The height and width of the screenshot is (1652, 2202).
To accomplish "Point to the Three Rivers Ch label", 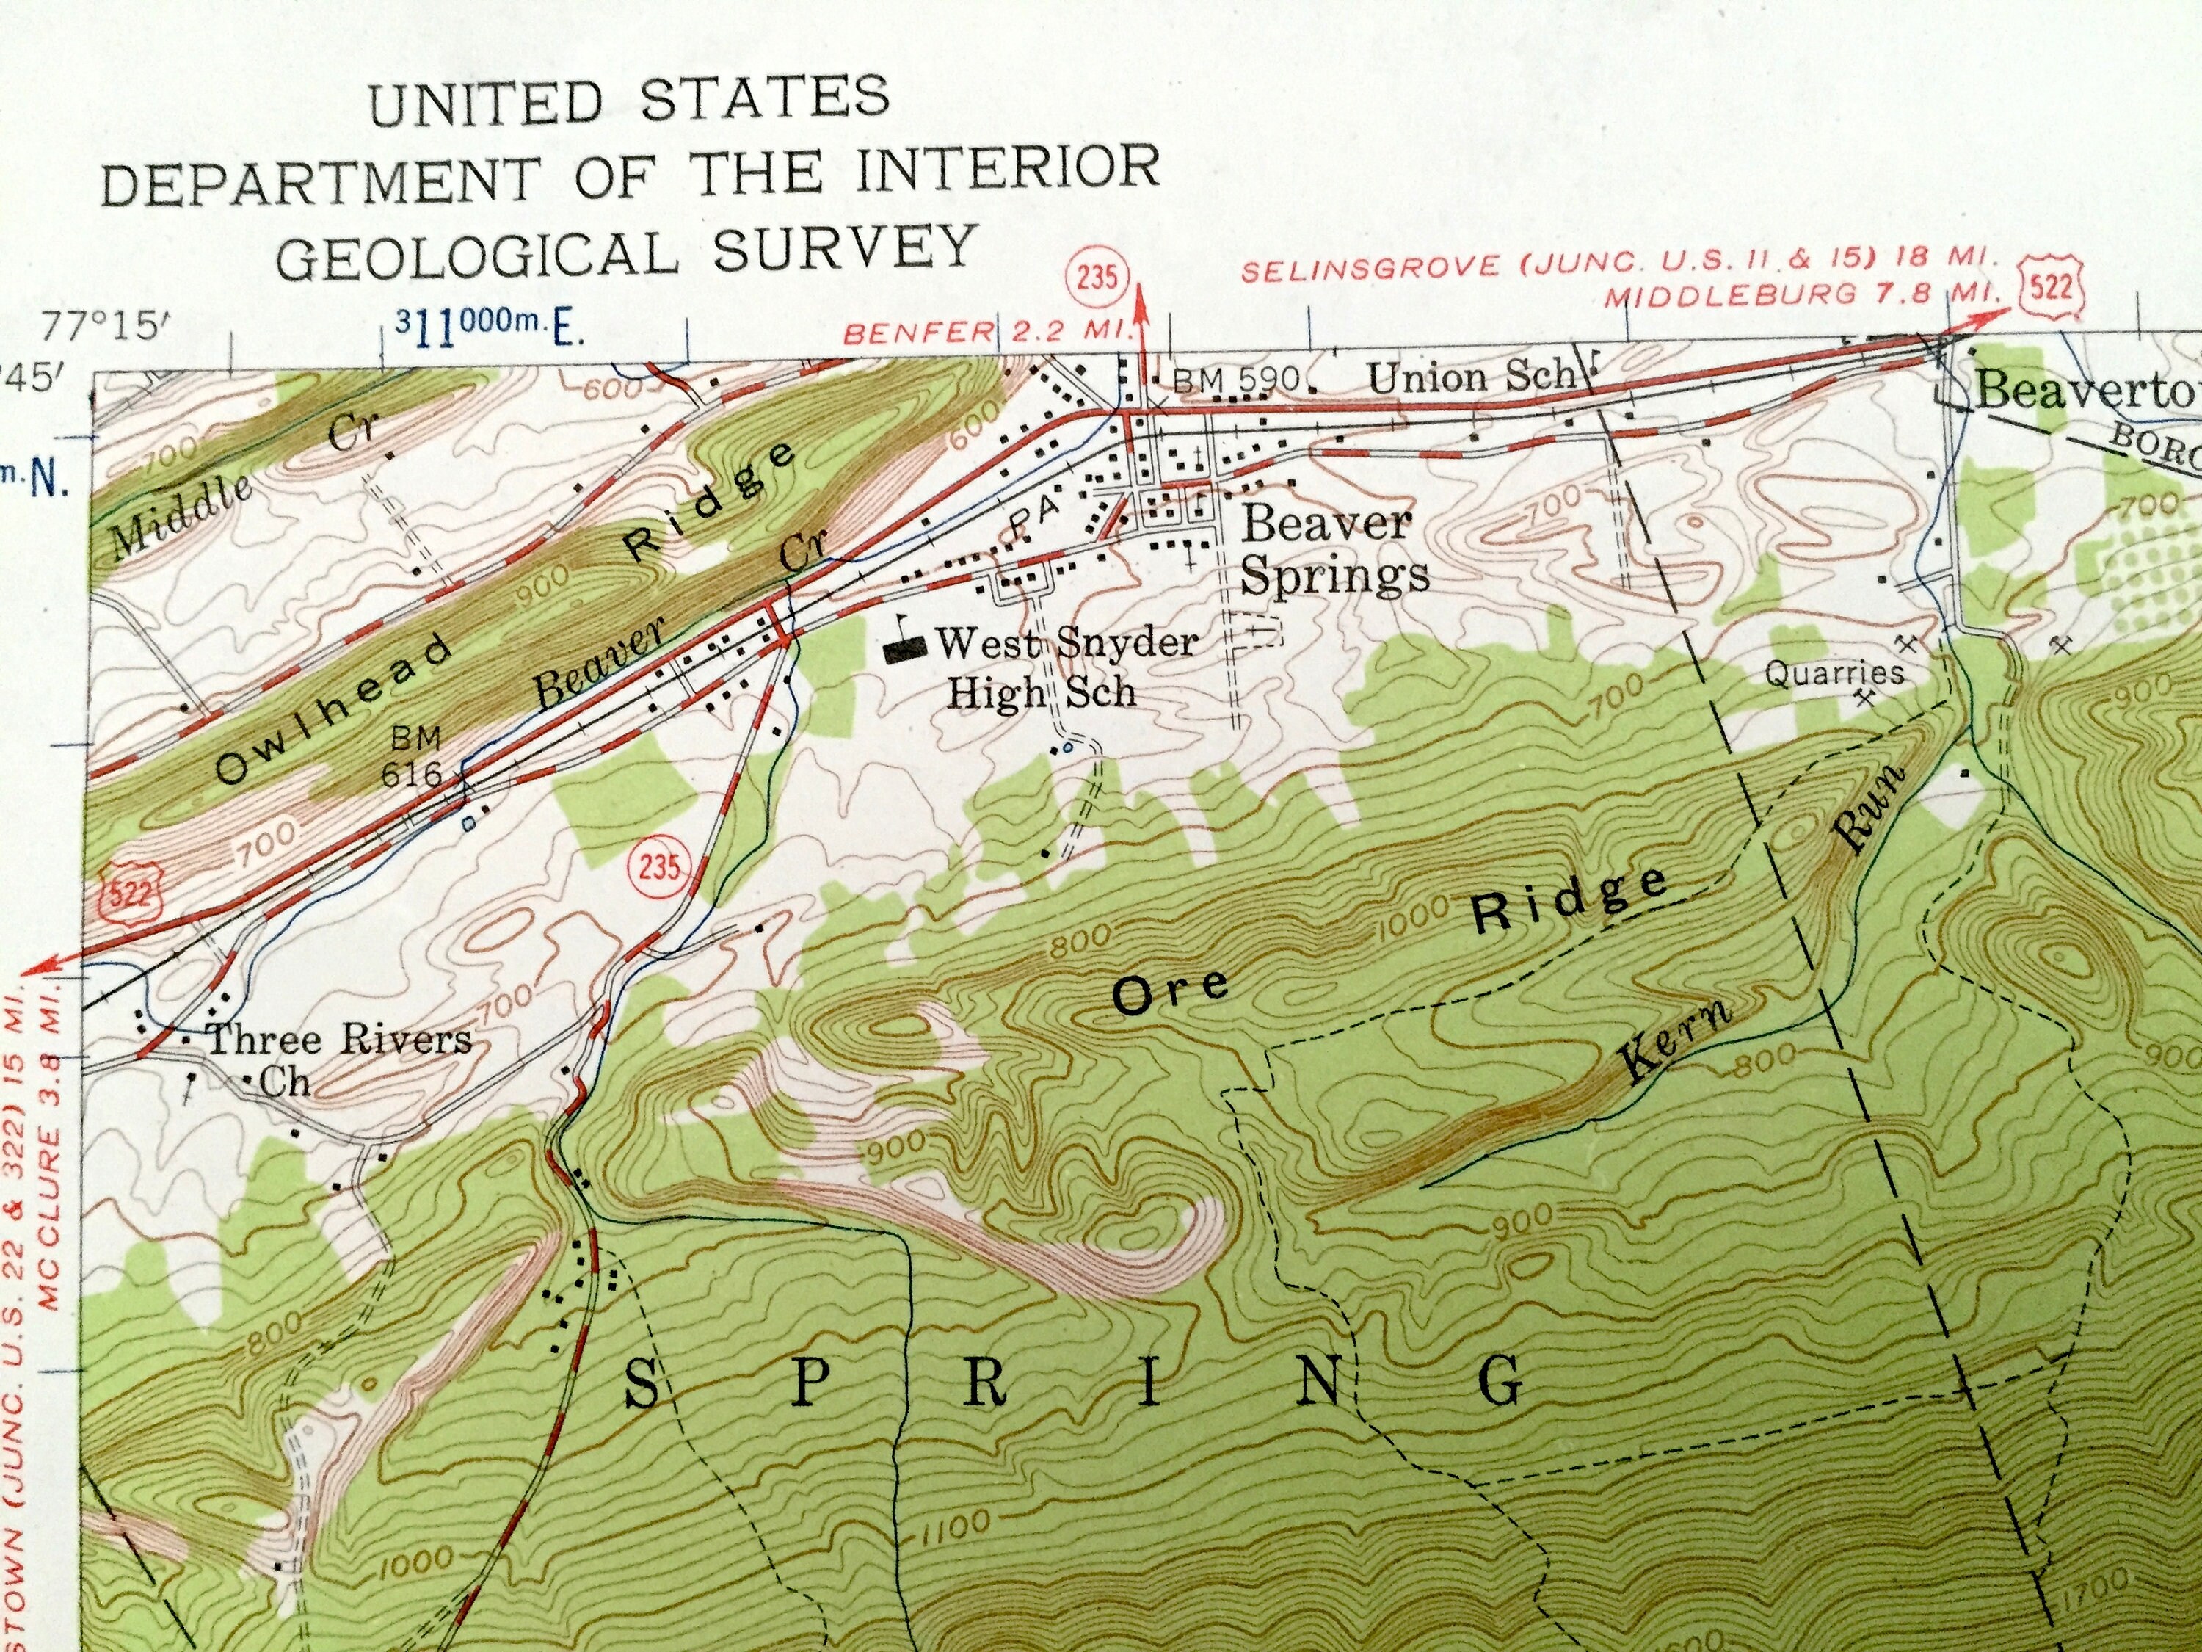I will [333, 1057].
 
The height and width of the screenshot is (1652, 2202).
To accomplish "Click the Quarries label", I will [1834, 674].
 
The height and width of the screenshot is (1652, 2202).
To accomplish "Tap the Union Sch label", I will [1472, 377].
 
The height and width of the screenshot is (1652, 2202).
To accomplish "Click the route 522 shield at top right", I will [2052, 288].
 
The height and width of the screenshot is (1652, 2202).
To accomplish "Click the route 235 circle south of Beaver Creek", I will [659, 866].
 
